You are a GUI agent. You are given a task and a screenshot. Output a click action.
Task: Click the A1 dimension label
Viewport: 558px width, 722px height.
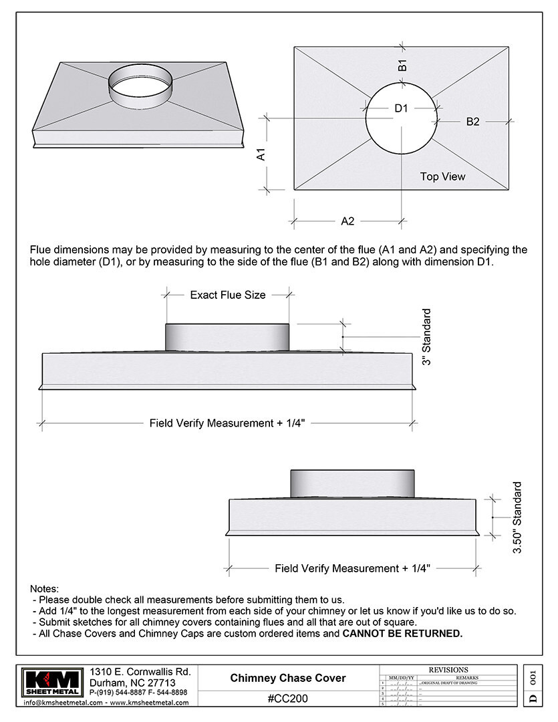262,154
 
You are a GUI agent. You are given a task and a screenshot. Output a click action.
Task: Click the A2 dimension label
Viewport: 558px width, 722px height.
347,221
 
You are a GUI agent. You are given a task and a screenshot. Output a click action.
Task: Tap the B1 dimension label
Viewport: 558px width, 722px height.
402,66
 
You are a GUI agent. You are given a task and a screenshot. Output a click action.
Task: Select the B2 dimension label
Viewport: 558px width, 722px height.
472,122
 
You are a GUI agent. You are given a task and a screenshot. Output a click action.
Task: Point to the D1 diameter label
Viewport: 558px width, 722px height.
400,108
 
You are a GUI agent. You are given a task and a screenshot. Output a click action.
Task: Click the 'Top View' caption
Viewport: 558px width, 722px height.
442,176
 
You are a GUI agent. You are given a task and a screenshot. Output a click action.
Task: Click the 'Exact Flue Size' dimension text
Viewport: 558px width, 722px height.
228,295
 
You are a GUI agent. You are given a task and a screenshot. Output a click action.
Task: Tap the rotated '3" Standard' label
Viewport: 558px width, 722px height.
426,336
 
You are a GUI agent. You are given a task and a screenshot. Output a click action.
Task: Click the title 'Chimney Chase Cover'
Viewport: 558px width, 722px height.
288,678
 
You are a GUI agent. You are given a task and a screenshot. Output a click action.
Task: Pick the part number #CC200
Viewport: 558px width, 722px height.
288,699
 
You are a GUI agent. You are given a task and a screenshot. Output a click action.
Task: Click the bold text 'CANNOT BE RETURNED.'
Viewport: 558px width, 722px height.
402,633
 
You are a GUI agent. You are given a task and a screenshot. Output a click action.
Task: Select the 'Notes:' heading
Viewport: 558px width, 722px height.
45,588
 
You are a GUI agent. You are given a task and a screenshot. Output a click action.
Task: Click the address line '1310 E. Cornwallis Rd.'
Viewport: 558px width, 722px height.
140,671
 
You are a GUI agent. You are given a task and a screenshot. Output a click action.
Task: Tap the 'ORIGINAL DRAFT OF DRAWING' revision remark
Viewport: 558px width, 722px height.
448,683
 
